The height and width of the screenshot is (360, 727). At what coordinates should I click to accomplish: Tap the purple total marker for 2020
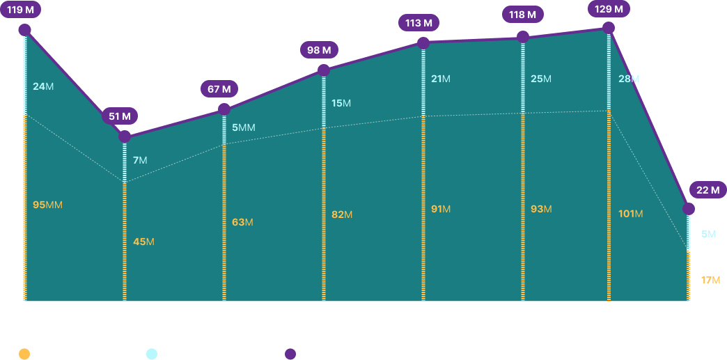click(125, 136)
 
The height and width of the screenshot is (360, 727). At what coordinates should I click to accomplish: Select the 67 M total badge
click(219, 89)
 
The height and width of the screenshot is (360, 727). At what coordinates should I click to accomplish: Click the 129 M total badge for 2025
click(609, 9)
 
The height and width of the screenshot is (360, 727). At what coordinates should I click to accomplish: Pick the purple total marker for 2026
click(689, 209)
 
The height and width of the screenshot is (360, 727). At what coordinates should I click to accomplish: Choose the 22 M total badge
click(708, 189)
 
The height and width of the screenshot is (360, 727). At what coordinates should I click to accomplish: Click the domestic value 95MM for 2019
click(47, 205)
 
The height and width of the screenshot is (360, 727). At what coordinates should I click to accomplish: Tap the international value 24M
click(43, 86)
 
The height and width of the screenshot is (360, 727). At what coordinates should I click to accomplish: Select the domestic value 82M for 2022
click(342, 214)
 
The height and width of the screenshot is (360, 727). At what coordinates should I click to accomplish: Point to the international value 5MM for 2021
click(244, 127)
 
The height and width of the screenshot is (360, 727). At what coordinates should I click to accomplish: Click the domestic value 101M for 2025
click(630, 213)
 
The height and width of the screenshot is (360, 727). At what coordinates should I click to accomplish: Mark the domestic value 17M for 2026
click(710, 279)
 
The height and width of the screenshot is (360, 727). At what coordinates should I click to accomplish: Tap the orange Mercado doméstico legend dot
click(24, 354)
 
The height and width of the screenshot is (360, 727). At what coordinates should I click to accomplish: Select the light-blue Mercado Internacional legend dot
click(151, 354)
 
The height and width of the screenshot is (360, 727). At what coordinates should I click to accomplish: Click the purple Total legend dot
click(290, 354)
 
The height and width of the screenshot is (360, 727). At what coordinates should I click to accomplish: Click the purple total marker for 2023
click(423, 43)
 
